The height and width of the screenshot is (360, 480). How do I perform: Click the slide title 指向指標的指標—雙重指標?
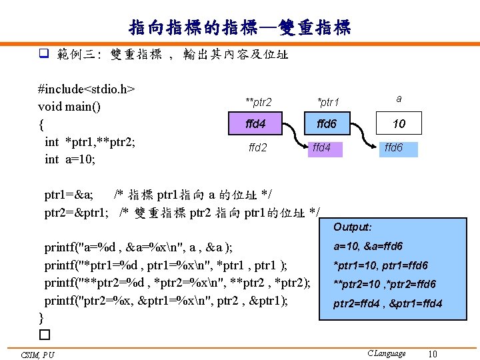click(240, 28)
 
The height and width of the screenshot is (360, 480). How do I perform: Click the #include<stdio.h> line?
click(87, 89)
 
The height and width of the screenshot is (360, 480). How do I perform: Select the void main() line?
click(69, 107)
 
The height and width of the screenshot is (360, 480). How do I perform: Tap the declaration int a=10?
click(70, 159)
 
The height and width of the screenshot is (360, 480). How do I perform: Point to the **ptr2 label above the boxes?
click(258, 102)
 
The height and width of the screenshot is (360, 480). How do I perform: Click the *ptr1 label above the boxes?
click(328, 102)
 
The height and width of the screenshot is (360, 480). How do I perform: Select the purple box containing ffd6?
click(327, 124)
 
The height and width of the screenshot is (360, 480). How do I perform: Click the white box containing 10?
click(399, 124)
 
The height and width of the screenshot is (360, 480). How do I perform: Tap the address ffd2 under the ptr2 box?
click(257, 147)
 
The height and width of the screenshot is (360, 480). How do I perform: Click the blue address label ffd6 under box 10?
click(393, 147)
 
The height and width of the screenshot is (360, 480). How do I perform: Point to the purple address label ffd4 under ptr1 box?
click(323, 147)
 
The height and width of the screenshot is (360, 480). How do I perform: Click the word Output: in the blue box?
click(353, 227)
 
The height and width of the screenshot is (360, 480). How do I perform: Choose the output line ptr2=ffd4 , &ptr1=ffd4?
click(388, 305)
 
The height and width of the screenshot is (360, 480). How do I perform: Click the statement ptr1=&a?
click(69, 195)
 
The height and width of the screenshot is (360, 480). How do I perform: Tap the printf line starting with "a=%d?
click(139, 248)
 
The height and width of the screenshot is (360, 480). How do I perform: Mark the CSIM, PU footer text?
click(37, 355)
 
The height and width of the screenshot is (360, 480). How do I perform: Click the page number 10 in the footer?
click(432, 354)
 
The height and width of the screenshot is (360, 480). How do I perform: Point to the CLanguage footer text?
click(386, 353)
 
